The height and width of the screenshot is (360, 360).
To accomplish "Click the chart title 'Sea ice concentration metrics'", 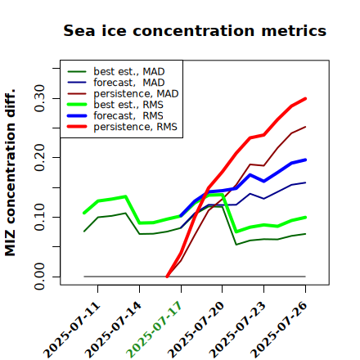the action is pos(195,30).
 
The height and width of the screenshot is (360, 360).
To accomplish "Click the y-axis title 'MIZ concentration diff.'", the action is pos(10,173).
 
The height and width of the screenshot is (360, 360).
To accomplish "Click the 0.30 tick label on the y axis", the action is pos(40,98).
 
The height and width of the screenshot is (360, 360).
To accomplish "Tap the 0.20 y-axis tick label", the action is pos(40,157).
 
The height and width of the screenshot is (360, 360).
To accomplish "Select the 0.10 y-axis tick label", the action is pos(40,217).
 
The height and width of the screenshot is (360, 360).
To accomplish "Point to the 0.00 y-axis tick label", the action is pos(40,277).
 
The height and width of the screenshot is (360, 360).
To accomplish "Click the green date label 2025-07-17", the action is pos(155,330).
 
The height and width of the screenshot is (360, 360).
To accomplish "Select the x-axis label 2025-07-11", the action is pos(71,330).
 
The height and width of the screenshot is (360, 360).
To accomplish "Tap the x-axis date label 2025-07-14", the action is pos(113,330).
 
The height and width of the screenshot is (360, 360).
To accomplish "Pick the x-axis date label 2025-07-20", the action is pos(196,330).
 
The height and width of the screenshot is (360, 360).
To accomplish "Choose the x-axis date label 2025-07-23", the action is pos(237,330).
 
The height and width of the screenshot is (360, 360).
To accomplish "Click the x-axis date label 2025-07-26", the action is pos(279,330).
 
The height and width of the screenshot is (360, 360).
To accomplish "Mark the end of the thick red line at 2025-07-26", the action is pos(305,98).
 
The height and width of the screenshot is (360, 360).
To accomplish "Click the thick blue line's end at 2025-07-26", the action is pos(305,160).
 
